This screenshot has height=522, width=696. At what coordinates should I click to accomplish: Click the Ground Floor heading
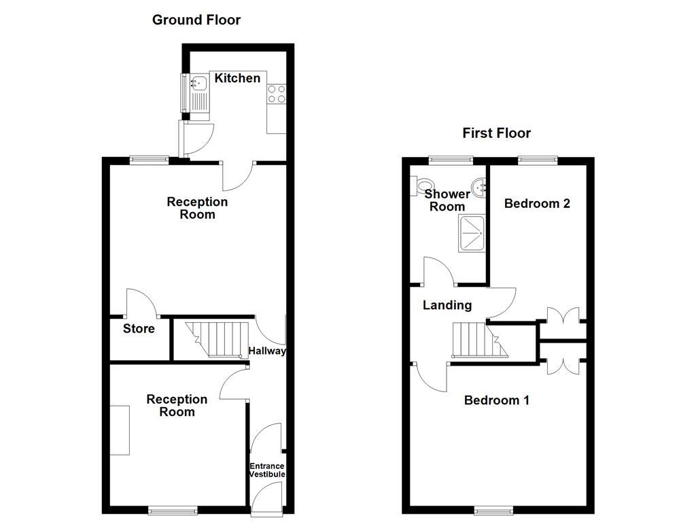tap(196, 20)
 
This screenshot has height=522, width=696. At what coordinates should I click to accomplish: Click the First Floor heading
tap(496, 133)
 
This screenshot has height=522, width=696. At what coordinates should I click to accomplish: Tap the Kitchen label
tap(237, 78)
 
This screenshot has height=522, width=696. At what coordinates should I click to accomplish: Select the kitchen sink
tap(199, 85)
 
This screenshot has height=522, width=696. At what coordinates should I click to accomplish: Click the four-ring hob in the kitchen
tap(277, 94)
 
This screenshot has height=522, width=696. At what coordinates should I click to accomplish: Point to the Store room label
tap(139, 329)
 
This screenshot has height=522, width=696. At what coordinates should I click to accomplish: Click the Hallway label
tap(266, 351)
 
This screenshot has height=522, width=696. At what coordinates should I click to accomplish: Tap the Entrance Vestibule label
tap(266, 470)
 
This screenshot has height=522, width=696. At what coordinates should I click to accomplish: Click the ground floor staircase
tap(214, 338)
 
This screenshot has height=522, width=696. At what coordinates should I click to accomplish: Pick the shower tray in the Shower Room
tap(473, 233)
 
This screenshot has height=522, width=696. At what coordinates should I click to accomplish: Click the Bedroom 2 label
tap(536, 203)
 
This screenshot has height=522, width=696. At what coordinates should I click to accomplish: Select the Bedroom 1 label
tap(496, 400)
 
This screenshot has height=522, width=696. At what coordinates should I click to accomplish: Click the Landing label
tap(447, 305)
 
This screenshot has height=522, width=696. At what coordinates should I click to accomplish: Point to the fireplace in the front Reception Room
tap(120, 430)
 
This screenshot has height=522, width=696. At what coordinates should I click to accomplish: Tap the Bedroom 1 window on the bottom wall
tap(493, 510)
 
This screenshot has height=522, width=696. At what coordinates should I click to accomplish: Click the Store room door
tap(141, 304)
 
